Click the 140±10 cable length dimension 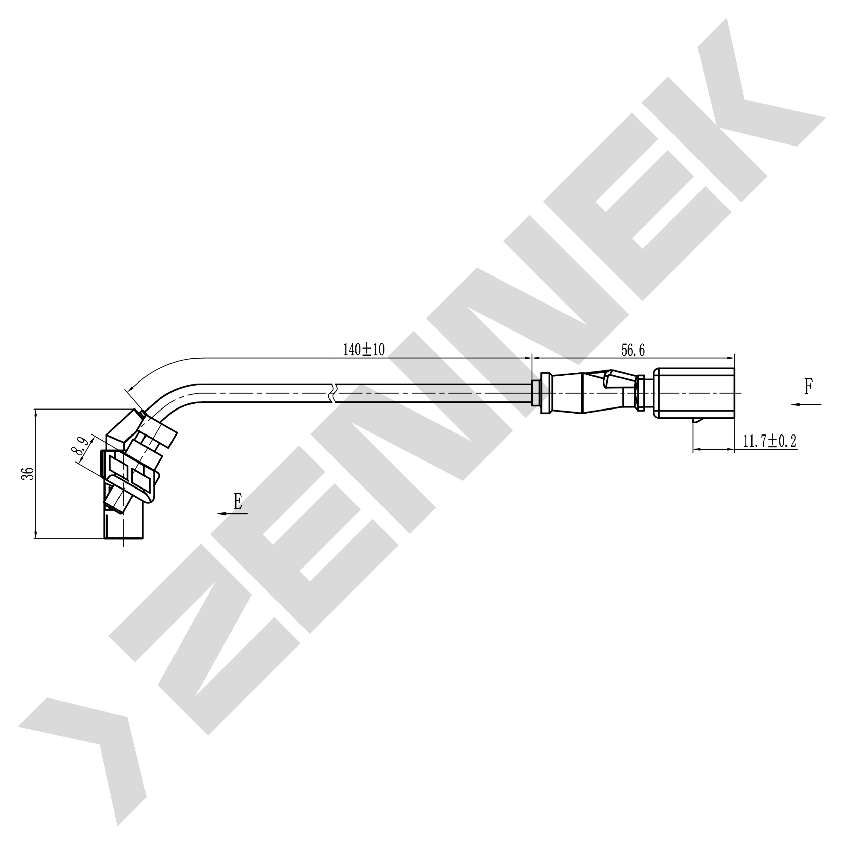point(364,350)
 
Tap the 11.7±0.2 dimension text point(770,441)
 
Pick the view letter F point(809,386)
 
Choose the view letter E point(238,501)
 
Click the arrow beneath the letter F point(806,405)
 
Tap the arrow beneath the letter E point(232,513)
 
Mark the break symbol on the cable point(334,393)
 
